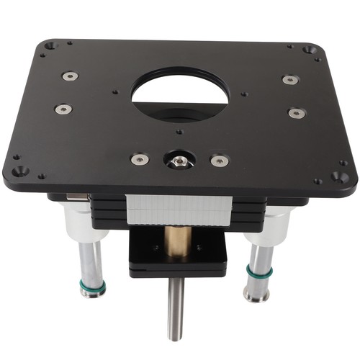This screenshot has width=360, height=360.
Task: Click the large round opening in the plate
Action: coord(180,94)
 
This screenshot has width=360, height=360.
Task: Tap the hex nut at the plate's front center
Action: coord(179,160)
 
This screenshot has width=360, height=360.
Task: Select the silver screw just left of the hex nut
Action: coord(139,159)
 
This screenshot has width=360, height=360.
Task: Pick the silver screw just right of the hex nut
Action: coord(219,161)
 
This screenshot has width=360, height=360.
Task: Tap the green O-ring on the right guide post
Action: coord(259,272)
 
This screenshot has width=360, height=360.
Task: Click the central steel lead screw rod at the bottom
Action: coord(176,310)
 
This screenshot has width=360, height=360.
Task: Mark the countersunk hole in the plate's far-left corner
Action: coord(50,45)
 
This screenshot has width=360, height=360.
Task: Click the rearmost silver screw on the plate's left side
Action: coord(70,76)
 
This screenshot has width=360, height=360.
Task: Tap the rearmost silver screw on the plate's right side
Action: coord(290,80)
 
